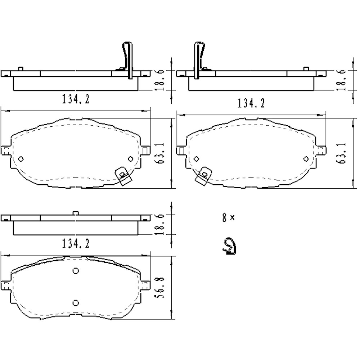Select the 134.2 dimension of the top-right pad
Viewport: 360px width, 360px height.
251,103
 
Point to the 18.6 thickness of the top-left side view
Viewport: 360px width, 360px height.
161,80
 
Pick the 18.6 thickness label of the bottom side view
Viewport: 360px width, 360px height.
161,224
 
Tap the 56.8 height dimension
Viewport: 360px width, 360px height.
161,287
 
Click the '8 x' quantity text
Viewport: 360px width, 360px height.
228,217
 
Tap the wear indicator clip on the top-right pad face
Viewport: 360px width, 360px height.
204,175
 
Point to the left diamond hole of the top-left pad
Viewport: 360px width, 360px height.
21,159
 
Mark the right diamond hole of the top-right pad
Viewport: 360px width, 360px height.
306,159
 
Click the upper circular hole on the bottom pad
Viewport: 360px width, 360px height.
76,271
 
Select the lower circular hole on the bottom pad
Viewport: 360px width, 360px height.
76,302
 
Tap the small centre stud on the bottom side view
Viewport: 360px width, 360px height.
75,213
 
